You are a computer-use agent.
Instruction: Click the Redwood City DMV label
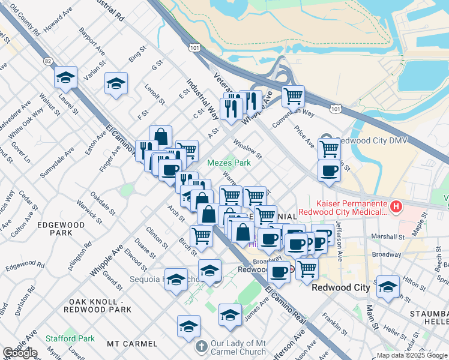(366, 139)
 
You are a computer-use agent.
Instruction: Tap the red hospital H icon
(396, 207)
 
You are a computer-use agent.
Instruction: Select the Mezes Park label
(229, 163)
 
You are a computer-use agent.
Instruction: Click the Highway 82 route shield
(47, 61)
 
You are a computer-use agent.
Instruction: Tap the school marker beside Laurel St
(65, 77)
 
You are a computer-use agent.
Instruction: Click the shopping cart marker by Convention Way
(293, 95)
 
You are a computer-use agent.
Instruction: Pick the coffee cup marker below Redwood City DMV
(329, 171)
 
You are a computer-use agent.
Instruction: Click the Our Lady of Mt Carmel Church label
(239, 347)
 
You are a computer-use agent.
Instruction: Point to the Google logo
(20, 353)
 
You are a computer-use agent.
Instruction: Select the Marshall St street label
(389, 236)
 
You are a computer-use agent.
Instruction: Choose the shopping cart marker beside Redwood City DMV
(329, 148)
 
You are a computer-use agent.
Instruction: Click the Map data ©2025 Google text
(411, 355)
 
